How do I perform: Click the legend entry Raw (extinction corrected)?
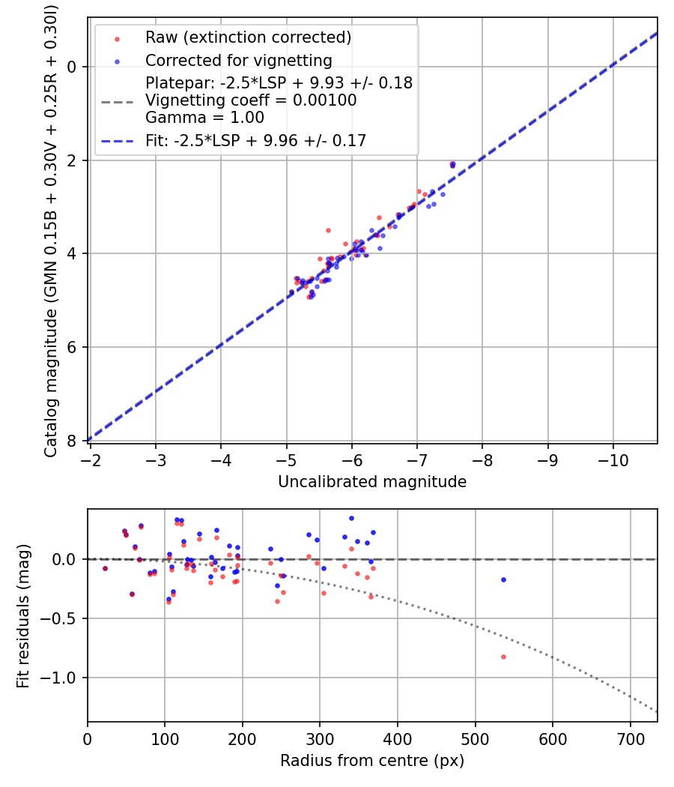coord(248,37)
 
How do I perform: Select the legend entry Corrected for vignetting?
coord(238,60)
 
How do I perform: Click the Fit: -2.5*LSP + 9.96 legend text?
coord(255,141)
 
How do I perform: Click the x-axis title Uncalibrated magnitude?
coord(372,482)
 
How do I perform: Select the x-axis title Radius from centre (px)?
coord(372,761)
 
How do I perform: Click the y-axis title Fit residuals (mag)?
coord(23,616)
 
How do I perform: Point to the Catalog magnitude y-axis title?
coord(51,229)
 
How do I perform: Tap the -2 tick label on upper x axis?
coord(91,459)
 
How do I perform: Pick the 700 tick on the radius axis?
coord(630,738)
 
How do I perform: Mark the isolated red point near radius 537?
coord(503,657)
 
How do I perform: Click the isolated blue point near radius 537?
coord(503,579)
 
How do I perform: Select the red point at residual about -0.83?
coord(503,657)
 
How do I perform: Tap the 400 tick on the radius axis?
coord(398,738)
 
